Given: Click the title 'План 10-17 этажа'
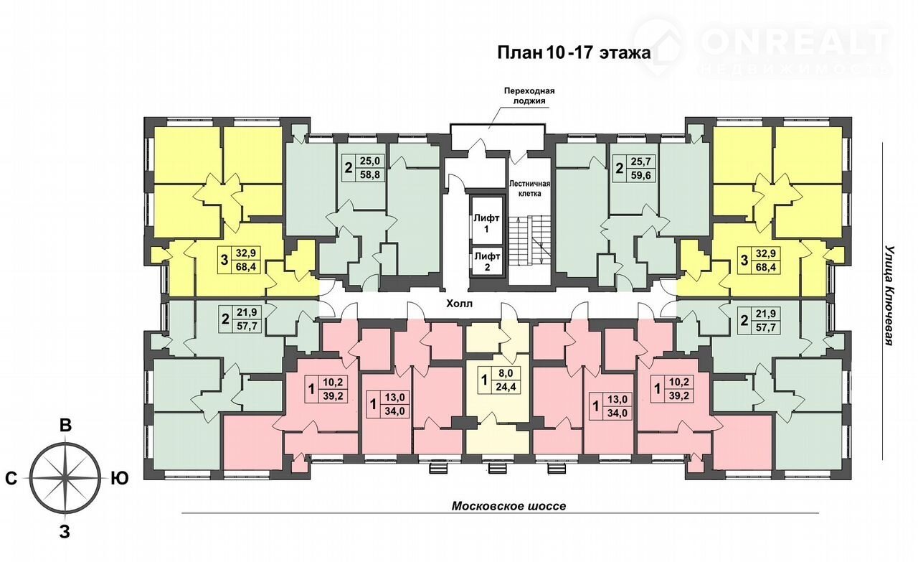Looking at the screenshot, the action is click(574, 53).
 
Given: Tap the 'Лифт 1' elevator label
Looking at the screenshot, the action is click(486, 223).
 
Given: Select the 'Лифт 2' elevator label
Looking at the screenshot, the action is click(487, 262).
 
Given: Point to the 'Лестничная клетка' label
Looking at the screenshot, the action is click(529, 188).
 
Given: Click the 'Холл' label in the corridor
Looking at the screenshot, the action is click(460, 304).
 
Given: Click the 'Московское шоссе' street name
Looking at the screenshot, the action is click(508, 506).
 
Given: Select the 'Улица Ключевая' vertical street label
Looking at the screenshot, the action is click(889, 296).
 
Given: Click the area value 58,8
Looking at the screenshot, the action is click(370, 174).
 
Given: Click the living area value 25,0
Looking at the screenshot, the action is click(370, 161).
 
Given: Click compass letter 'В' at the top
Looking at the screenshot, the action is click(65, 426).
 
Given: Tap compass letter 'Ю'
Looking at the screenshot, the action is click(120, 478).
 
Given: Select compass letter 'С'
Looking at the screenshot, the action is click(11, 478).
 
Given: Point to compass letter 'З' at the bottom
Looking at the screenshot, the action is click(65, 532).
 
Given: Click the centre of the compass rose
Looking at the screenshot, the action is click(65, 478).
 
